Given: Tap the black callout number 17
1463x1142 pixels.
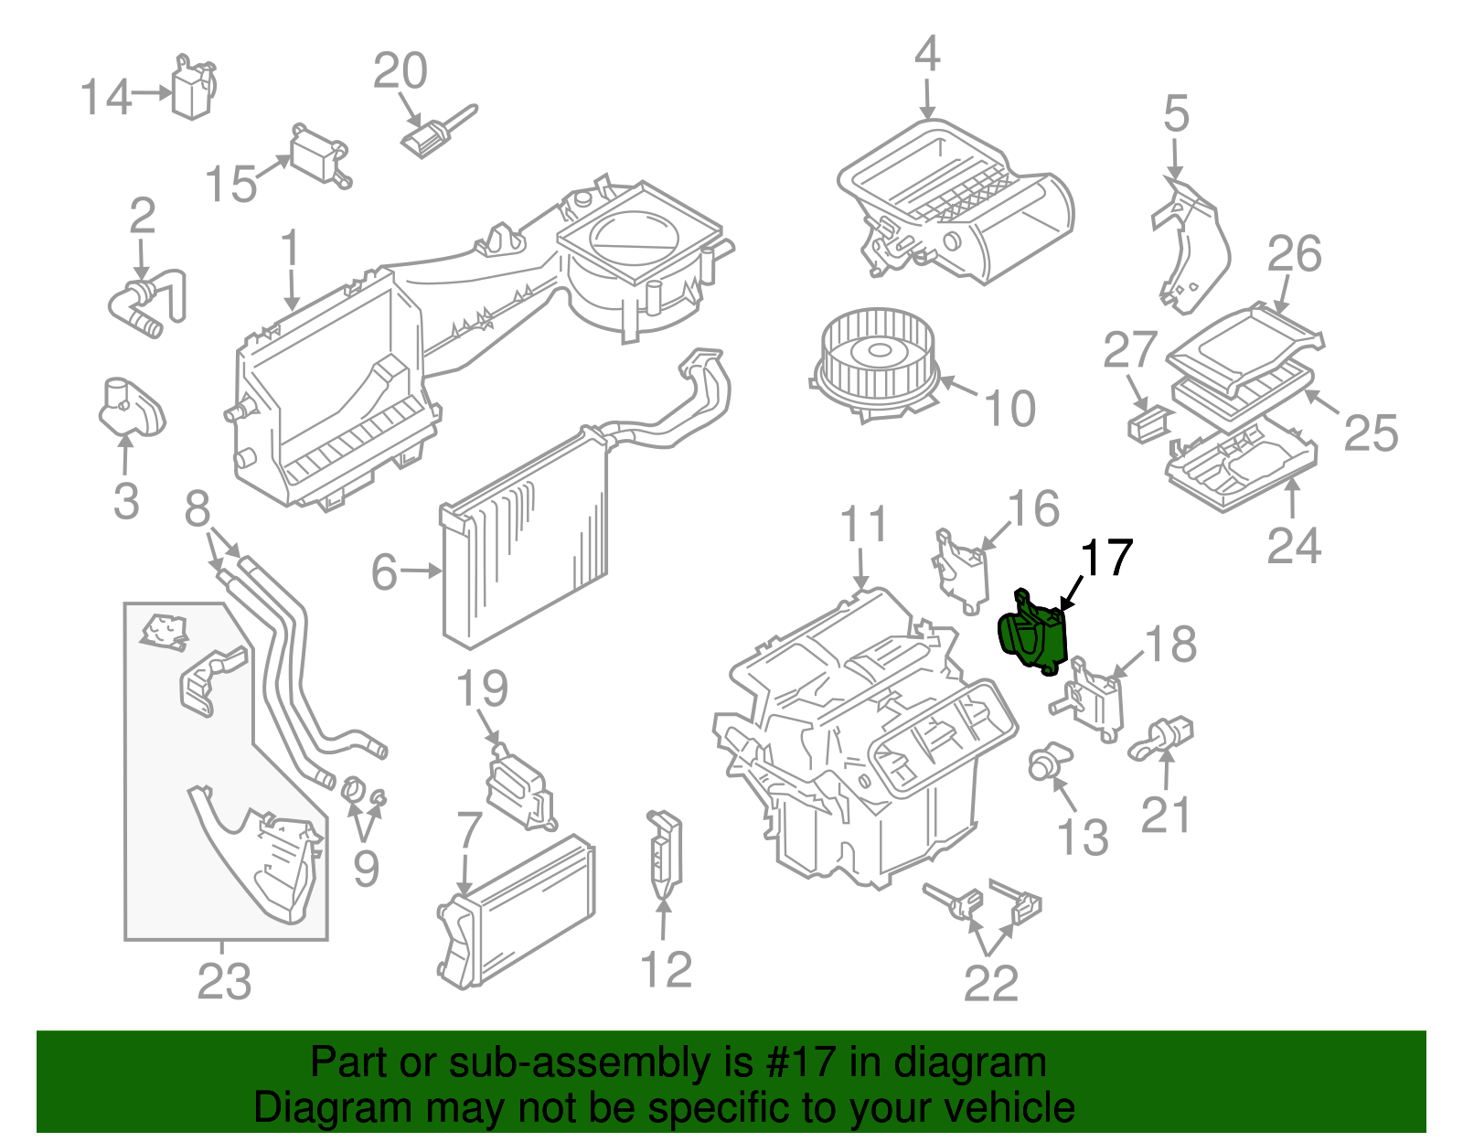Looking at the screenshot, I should coord(1106,558).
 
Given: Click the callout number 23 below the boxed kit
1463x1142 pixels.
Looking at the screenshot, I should coord(224,983).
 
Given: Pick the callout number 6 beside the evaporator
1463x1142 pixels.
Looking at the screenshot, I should coord(384,572).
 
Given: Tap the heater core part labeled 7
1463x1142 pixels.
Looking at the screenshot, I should coord(517,910).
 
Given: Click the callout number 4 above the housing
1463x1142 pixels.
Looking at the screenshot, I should coord(927,55).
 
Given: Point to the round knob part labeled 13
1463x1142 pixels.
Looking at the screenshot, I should coord(1043,763).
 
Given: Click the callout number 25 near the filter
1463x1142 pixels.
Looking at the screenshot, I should coord(1370,432).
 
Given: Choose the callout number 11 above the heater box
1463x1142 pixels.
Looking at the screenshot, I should coord(863,525).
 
